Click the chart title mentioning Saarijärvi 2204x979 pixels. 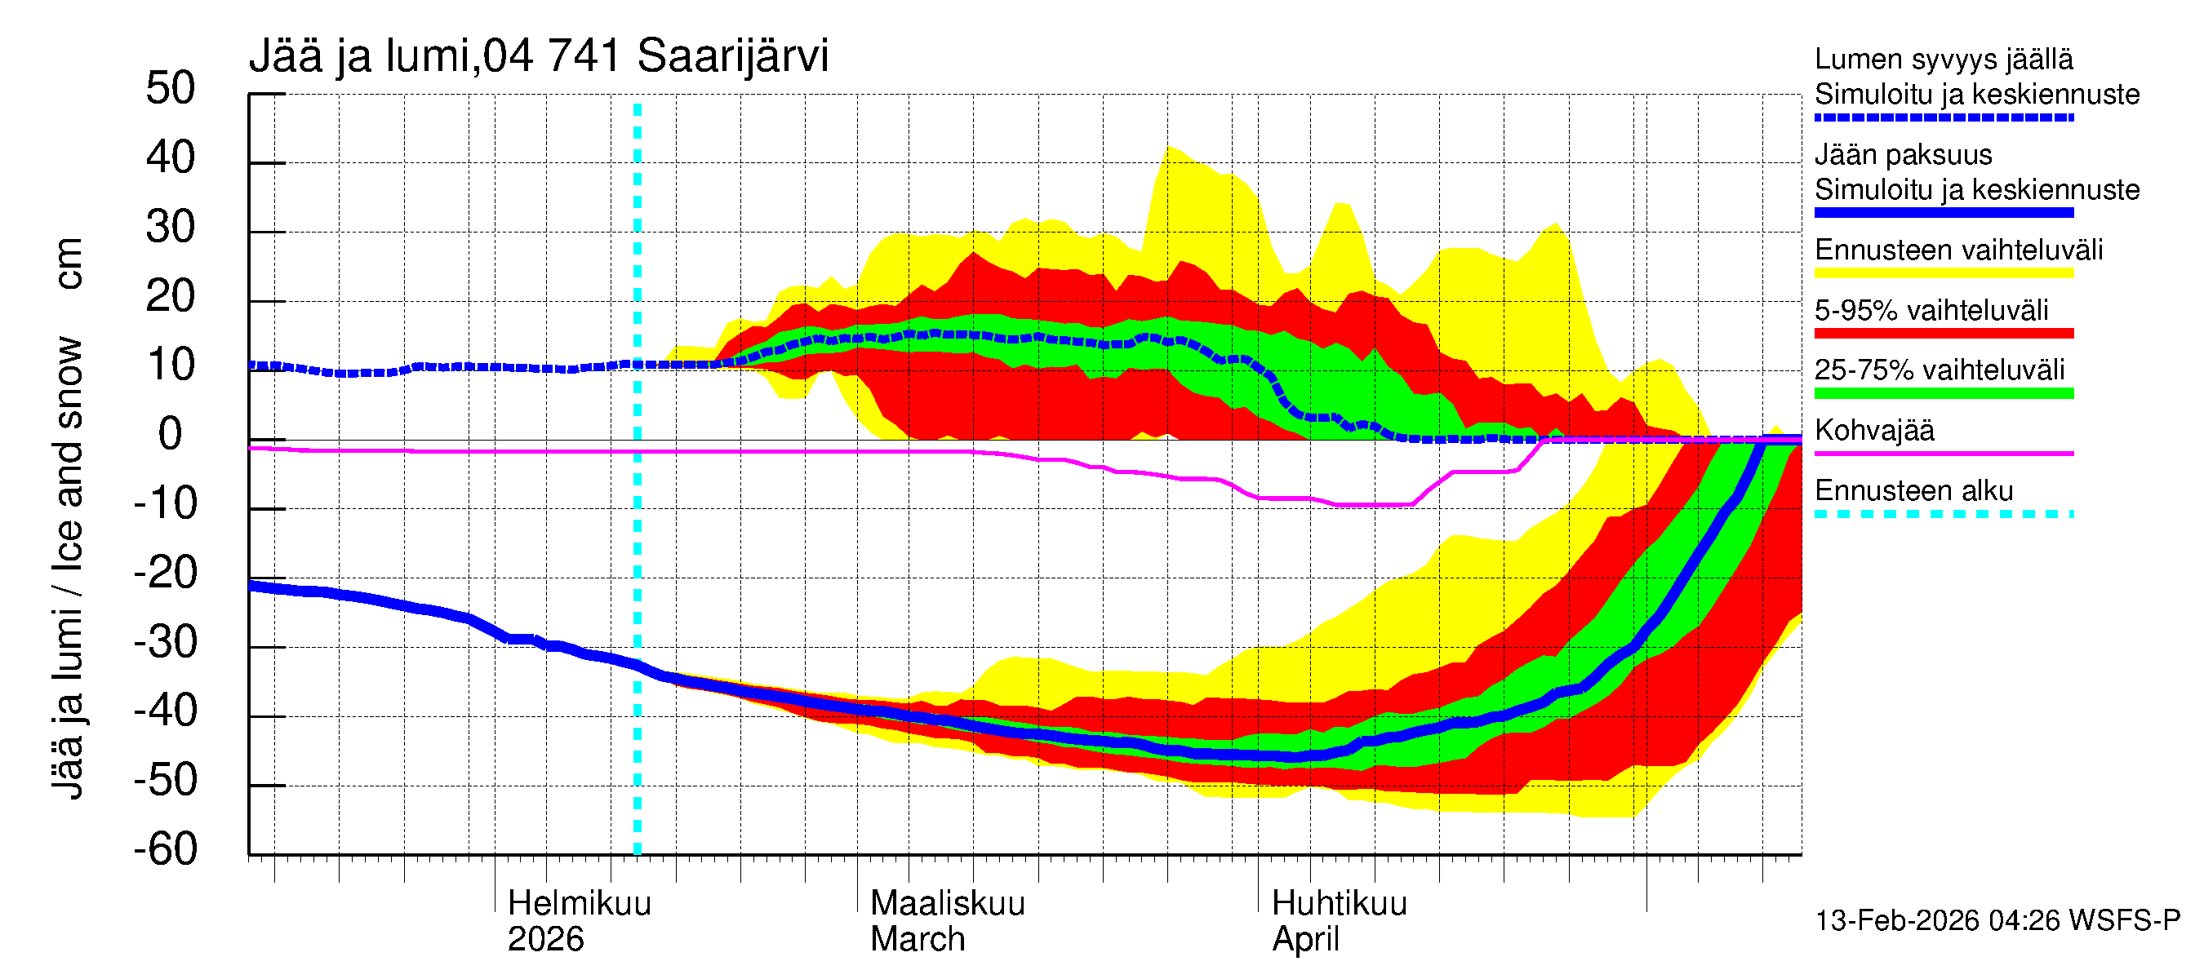coord(538,56)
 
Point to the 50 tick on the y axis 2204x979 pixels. coord(171,89)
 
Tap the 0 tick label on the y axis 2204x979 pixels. coord(171,434)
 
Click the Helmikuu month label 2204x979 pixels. coord(580,904)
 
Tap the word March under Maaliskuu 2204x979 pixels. coord(918,940)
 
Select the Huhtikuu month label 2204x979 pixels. coord(1339,904)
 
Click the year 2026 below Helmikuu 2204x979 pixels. coord(546,940)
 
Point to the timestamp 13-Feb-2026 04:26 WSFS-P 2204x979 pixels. coord(1997,921)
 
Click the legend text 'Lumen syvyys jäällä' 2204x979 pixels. coord(1944,60)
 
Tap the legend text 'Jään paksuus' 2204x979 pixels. coord(1903,155)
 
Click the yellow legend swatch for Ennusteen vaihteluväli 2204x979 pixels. coord(1944,273)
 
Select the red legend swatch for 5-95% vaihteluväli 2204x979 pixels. coord(1944,334)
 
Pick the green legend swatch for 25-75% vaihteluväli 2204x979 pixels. coord(1944,393)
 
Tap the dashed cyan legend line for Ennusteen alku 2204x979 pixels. coord(1944,515)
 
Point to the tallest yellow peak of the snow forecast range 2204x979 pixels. coord(1170,149)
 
